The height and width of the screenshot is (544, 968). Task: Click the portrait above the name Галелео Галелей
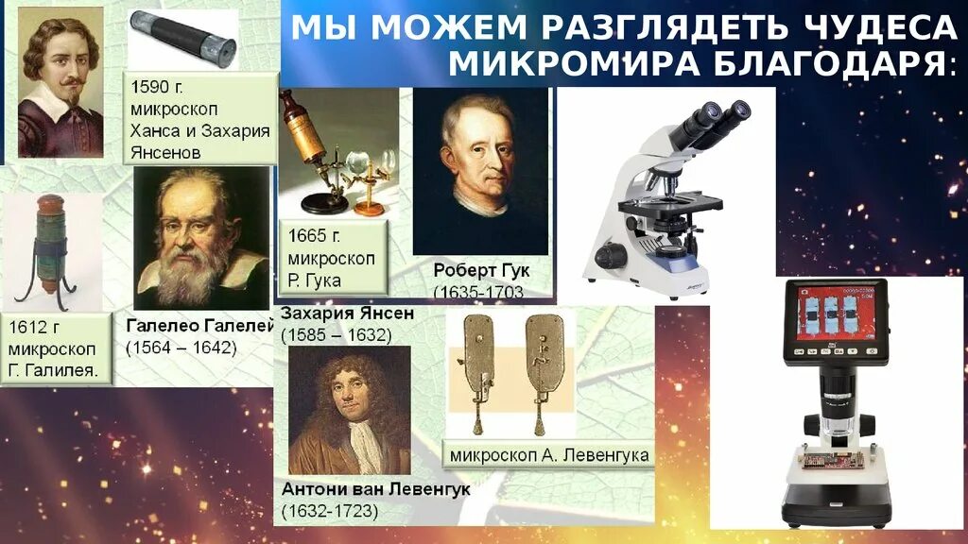(200, 240)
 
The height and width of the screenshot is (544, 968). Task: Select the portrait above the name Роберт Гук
(480, 171)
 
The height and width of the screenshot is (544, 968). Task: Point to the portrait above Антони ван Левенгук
(349, 410)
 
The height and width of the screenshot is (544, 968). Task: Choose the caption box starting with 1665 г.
(333, 257)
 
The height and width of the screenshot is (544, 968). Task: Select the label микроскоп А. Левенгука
(549, 455)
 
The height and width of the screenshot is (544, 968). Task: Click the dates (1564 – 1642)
(181, 348)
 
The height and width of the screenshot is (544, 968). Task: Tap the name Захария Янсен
(348, 313)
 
